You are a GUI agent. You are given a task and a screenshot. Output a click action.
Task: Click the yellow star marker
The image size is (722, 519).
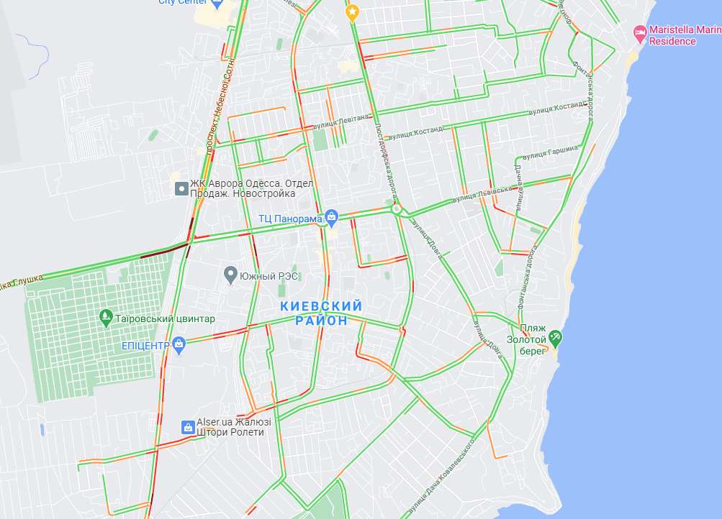click(x=352, y=12)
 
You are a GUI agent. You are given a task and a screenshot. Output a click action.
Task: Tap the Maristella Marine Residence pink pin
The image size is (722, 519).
click(x=639, y=32)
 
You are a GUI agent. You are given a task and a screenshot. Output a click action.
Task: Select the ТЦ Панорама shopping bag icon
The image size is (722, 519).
click(x=331, y=216)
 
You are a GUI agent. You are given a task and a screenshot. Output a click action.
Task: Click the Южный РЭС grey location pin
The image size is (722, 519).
click(x=230, y=274)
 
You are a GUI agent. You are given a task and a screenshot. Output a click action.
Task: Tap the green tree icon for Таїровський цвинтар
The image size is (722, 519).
click(x=107, y=317)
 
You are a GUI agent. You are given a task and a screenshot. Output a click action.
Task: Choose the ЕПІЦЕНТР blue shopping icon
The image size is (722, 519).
click(x=179, y=344)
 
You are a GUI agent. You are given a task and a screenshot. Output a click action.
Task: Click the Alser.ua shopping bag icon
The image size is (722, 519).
click(x=187, y=427)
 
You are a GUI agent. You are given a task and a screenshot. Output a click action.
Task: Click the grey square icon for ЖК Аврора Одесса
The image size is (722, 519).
click(x=181, y=189)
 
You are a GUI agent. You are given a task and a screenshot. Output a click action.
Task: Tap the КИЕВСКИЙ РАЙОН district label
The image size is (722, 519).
click(x=321, y=313)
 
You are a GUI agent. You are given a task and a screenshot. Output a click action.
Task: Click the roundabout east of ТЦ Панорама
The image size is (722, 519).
click(x=396, y=209)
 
